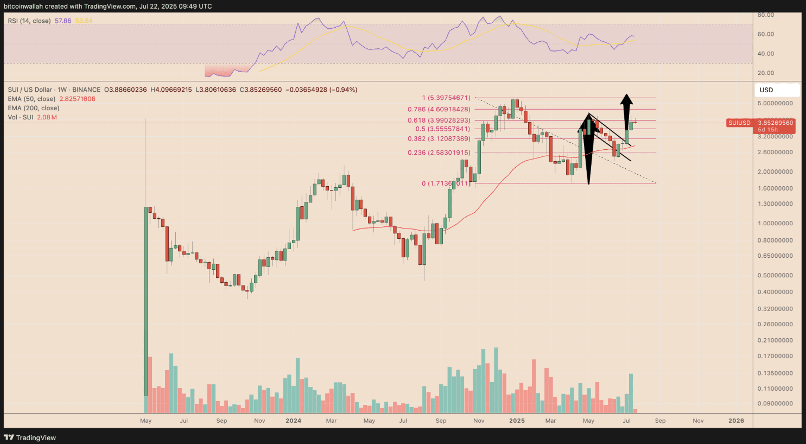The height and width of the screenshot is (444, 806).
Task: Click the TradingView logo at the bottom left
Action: (x=30, y=437)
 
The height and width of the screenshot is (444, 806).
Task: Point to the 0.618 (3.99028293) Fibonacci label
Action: (x=439, y=120)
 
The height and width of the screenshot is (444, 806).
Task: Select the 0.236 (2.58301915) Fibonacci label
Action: (x=439, y=153)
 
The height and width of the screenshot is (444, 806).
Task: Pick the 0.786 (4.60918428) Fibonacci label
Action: (x=439, y=109)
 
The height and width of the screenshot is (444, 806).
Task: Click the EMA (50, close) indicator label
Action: (x=31, y=99)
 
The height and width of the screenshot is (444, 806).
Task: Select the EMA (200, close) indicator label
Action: (x=33, y=108)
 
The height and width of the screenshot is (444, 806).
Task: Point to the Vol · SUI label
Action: (x=21, y=117)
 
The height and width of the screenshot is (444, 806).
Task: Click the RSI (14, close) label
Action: (x=29, y=21)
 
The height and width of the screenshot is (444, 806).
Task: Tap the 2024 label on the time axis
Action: (x=293, y=421)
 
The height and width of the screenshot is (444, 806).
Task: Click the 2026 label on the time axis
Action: (x=736, y=421)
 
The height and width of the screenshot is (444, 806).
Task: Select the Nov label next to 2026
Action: (x=698, y=421)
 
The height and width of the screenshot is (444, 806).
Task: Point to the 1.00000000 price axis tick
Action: (x=775, y=223)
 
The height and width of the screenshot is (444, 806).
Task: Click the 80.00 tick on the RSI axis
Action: (x=766, y=15)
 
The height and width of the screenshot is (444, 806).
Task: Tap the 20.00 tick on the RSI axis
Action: (x=766, y=73)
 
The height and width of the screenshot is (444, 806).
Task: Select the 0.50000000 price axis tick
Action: (x=775, y=275)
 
